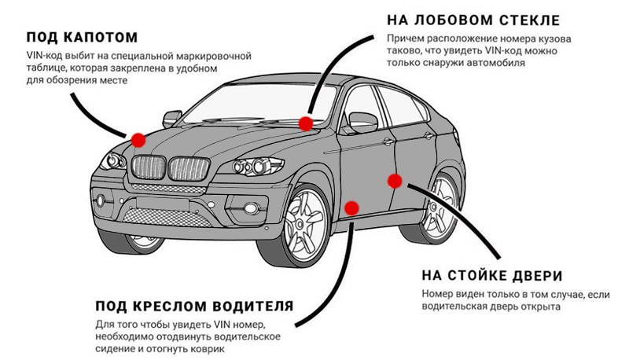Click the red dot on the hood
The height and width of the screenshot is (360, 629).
point(138,140)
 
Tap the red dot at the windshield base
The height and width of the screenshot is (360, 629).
point(306,123)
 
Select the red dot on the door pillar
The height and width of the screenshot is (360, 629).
point(395,182)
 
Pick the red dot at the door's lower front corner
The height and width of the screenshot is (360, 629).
point(351,208)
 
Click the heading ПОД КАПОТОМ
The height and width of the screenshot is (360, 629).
point(83,37)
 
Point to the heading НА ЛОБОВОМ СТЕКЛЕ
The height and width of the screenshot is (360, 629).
point(473,20)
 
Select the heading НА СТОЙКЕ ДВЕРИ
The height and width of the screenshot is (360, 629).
point(492,276)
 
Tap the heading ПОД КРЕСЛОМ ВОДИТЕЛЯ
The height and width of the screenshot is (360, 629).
point(194,307)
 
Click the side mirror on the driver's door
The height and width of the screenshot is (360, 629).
point(362,122)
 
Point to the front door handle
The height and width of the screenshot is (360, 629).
point(388,141)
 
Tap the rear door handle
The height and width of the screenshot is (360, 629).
point(429,136)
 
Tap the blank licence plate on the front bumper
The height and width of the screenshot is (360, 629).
point(163,204)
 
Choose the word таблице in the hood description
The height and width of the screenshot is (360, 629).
point(44,68)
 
